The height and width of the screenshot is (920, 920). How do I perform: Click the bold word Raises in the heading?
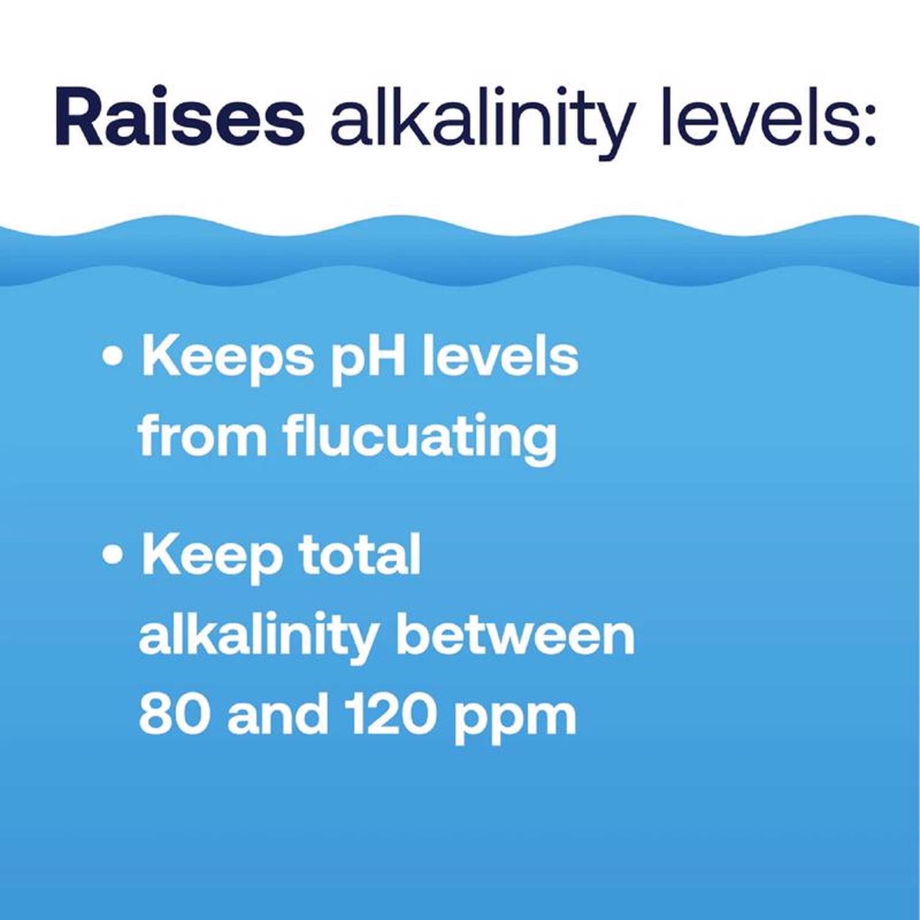[180, 117]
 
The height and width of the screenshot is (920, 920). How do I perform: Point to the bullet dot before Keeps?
[112, 357]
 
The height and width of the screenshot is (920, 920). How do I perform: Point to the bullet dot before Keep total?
[112, 555]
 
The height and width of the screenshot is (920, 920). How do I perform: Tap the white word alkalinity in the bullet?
[258, 637]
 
